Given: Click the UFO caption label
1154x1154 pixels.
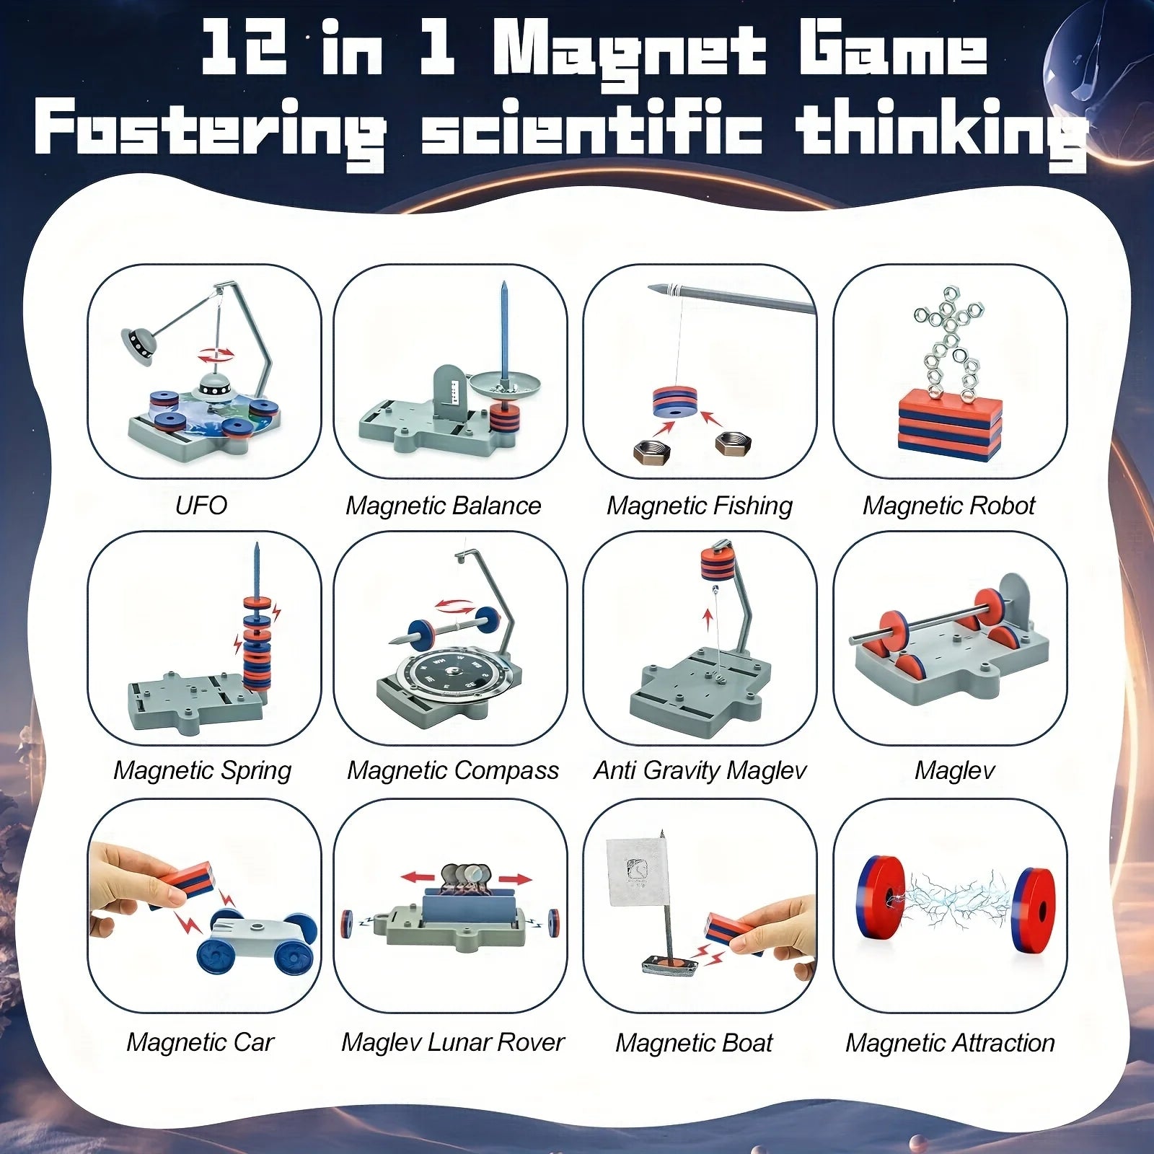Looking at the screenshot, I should (x=201, y=505).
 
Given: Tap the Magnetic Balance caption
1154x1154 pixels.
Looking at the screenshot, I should (x=443, y=506).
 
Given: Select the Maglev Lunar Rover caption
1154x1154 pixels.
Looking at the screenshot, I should (x=452, y=1042).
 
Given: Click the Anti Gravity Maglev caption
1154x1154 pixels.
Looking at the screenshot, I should (x=700, y=770).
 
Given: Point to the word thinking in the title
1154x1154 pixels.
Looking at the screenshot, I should (x=941, y=130).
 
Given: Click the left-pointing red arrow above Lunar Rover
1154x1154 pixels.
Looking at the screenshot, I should (x=418, y=878).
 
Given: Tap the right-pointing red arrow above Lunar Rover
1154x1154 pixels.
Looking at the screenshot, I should (x=514, y=879).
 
